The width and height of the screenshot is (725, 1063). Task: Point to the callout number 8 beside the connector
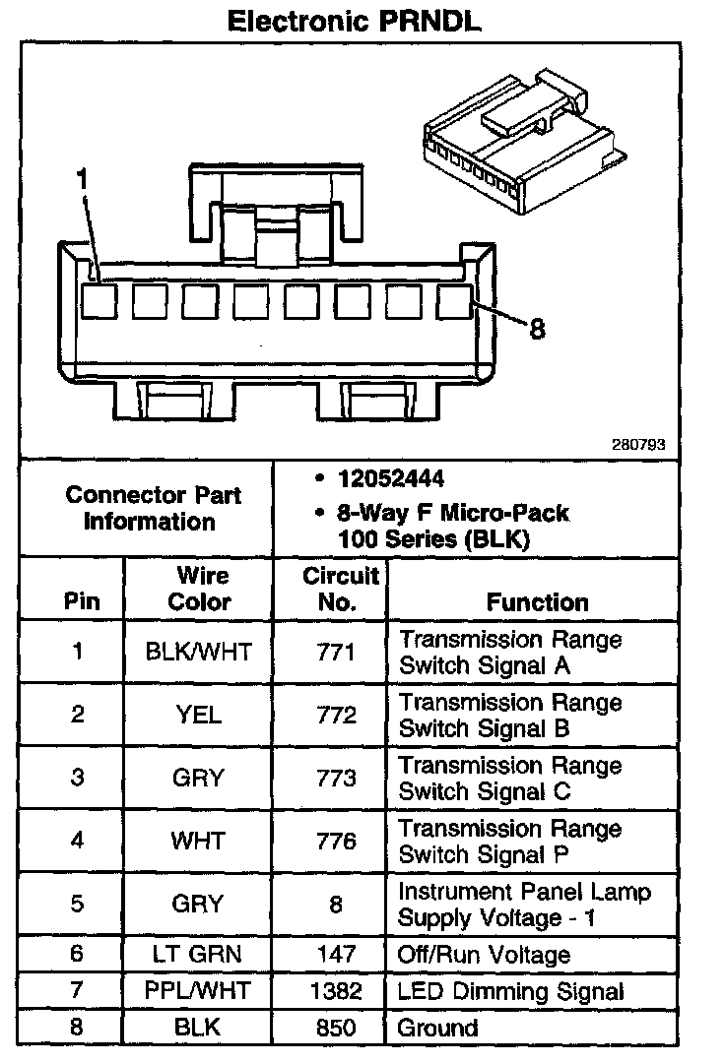(x=536, y=328)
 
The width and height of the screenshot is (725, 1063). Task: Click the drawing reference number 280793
(x=639, y=445)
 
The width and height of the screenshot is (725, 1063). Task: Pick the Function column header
(x=537, y=601)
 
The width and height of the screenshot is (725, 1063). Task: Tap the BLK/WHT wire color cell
(x=199, y=652)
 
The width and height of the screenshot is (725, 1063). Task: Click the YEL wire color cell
(x=199, y=715)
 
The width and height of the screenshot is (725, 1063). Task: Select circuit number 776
(x=336, y=841)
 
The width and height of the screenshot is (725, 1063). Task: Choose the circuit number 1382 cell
(x=336, y=991)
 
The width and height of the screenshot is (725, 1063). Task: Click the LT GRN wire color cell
(x=199, y=954)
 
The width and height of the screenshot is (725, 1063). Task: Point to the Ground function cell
(x=437, y=1029)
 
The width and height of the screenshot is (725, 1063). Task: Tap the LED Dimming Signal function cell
(x=510, y=991)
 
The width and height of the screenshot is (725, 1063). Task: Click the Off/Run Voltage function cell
(x=484, y=954)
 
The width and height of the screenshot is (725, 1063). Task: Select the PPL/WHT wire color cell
(x=199, y=991)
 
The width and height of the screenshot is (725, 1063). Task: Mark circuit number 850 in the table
(x=336, y=1029)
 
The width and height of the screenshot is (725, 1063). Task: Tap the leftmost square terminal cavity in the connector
(x=98, y=300)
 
